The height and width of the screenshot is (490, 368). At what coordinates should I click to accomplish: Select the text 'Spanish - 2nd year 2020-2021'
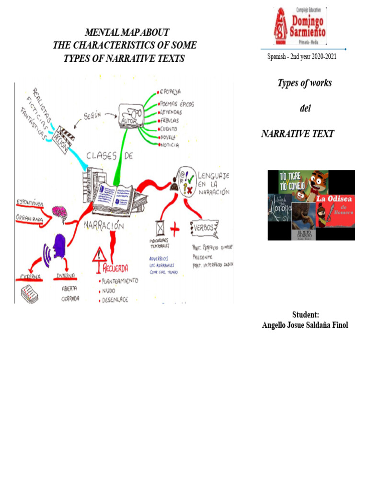(x=302, y=57)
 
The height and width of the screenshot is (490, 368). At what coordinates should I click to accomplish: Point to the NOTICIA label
(x=170, y=145)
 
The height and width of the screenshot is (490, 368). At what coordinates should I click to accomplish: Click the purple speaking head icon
(x=59, y=249)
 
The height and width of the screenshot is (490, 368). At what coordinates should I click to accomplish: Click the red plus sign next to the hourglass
(x=175, y=230)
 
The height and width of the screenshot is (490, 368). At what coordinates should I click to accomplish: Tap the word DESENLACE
(x=114, y=301)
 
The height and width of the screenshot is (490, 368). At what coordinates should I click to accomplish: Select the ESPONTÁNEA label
(x=30, y=203)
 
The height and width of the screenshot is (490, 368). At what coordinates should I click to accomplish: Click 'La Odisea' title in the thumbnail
(x=334, y=198)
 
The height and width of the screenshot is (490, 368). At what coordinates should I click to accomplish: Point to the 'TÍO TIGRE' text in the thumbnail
(x=289, y=176)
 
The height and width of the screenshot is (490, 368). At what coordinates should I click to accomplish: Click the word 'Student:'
(x=305, y=314)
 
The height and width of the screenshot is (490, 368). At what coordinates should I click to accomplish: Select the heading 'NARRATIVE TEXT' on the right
(x=297, y=134)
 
